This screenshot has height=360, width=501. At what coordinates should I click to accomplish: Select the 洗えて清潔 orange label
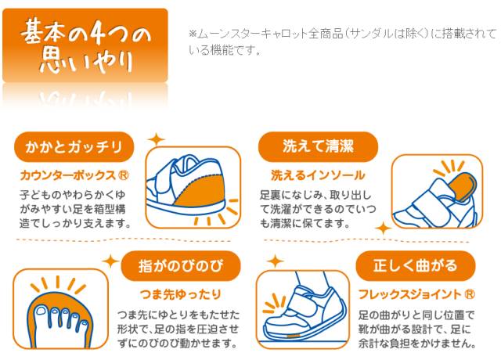click(x=319, y=146)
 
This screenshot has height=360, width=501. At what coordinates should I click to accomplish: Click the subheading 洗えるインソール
click(x=317, y=175)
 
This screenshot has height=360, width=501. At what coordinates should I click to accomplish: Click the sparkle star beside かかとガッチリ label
click(x=155, y=140)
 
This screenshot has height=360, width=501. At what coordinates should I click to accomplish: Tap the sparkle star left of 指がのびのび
click(x=110, y=261)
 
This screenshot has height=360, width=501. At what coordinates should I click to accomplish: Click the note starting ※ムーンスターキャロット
click(x=342, y=41)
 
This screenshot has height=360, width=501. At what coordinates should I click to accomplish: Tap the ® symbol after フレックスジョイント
click(x=468, y=295)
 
